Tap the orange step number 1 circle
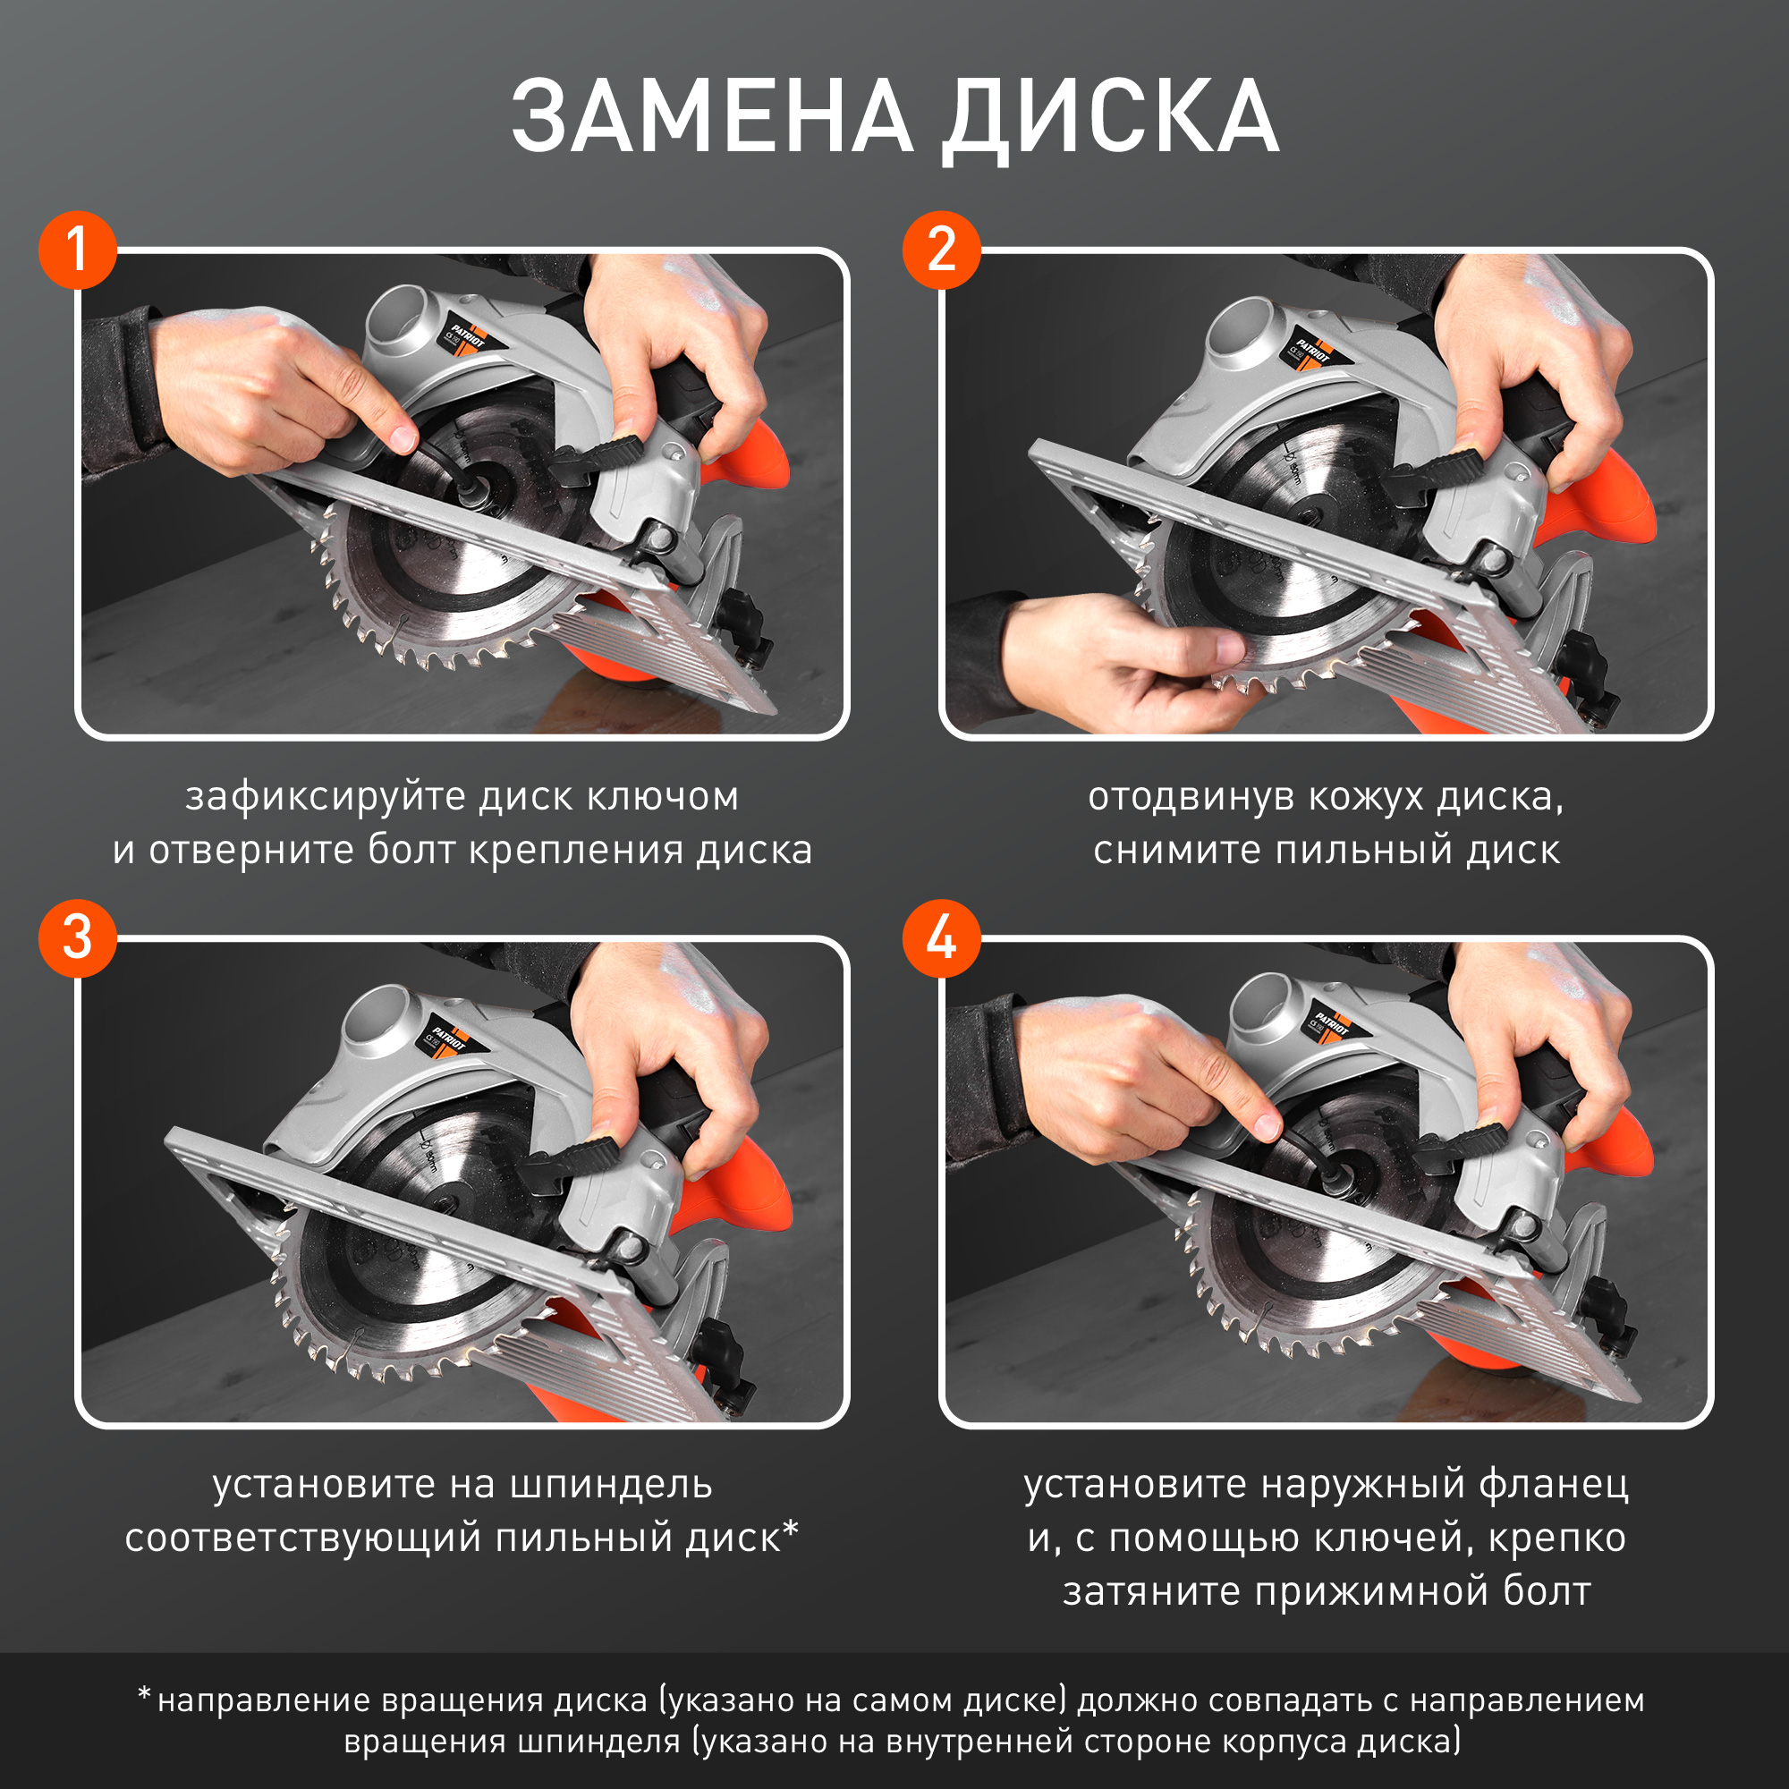click(78, 250)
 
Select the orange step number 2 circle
click(942, 250)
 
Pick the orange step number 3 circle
click(78, 938)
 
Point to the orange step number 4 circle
click(942, 938)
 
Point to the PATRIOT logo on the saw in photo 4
click(1332, 1022)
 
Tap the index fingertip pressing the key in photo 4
click(1266, 1125)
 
